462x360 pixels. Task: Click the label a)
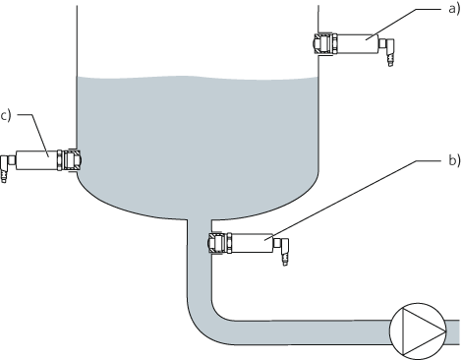click(453, 11)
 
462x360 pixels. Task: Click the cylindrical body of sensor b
click(254, 242)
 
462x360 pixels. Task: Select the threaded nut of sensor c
click(71, 158)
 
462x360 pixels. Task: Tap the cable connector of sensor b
click(284, 250)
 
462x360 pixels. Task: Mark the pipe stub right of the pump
click(452, 328)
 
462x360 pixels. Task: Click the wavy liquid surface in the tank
click(197, 78)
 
